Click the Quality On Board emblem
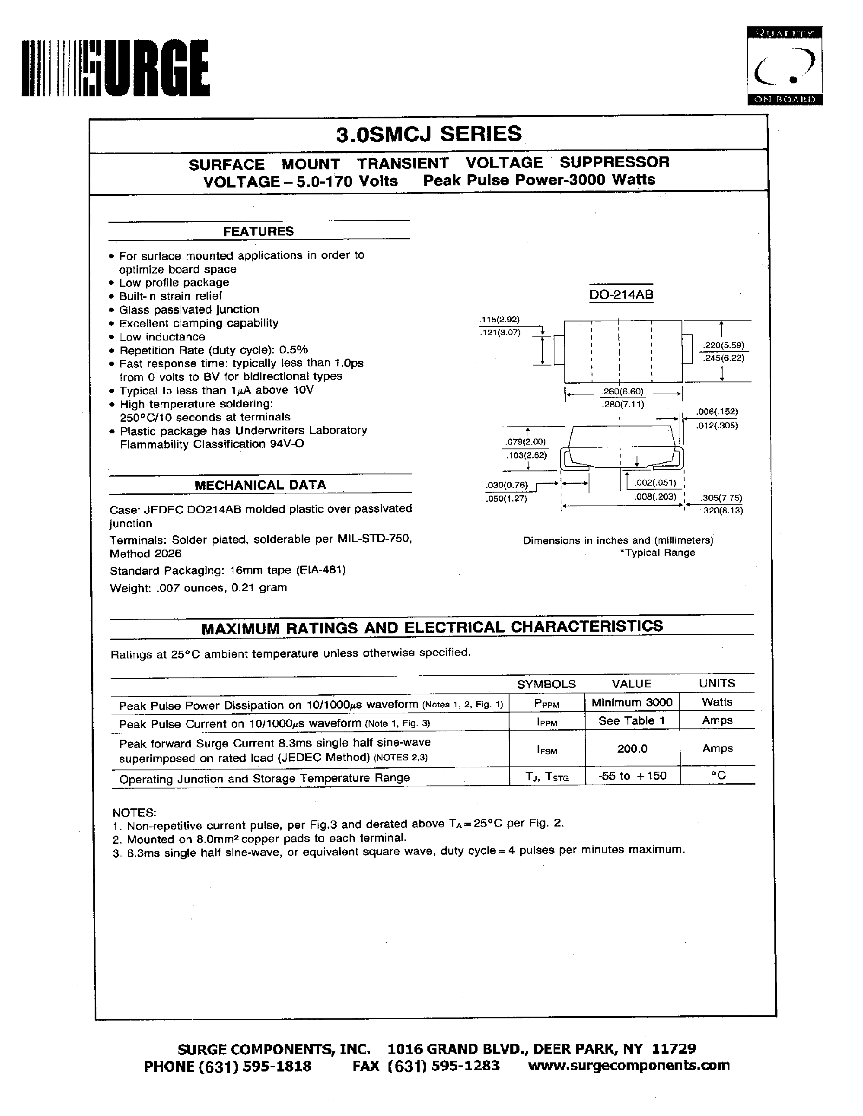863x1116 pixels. click(x=784, y=66)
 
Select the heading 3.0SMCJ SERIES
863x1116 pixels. click(x=429, y=134)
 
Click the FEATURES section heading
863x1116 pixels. click(x=258, y=232)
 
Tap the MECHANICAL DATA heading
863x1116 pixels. click(x=260, y=485)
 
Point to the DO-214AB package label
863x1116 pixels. click(x=621, y=295)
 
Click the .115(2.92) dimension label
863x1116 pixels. click(x=499, y=320)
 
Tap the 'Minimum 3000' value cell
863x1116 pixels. click(x=631, y=703)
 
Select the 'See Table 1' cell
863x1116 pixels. click(x=631, y=721)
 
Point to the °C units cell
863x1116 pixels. click(x=717, y=776)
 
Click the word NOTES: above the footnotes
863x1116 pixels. click(x=134, y=812)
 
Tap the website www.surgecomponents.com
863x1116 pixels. click(x=628, y=1065)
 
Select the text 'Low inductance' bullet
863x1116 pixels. click(x=162, y=337)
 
